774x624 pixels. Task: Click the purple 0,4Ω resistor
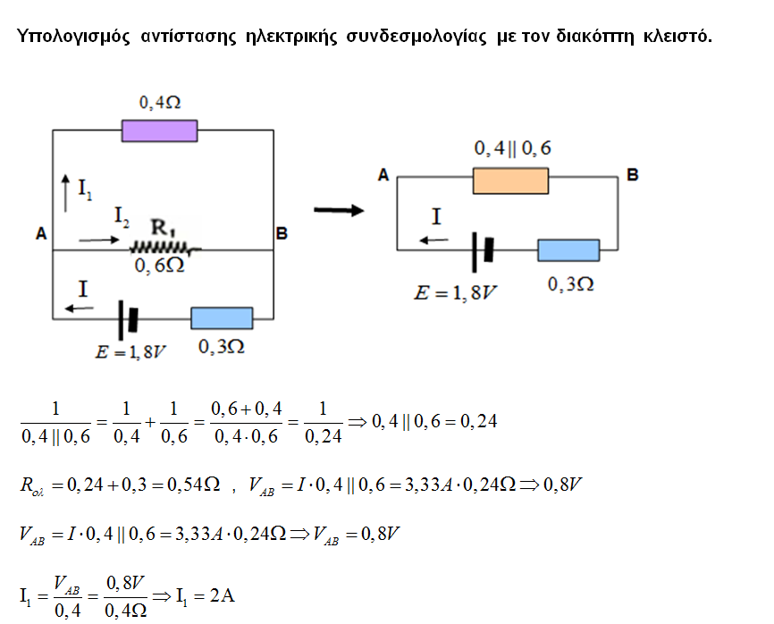[x=159, y=131]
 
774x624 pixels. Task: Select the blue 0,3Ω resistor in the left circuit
[x=223, y=318]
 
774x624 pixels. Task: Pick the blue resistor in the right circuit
[x=568, y=249]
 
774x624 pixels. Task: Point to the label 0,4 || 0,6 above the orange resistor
[x=511, y=148]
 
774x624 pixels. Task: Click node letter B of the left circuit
[x=282, y=234]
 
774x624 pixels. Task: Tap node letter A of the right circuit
[x=383, y=176]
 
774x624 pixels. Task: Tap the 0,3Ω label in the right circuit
[x=570, y=283]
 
